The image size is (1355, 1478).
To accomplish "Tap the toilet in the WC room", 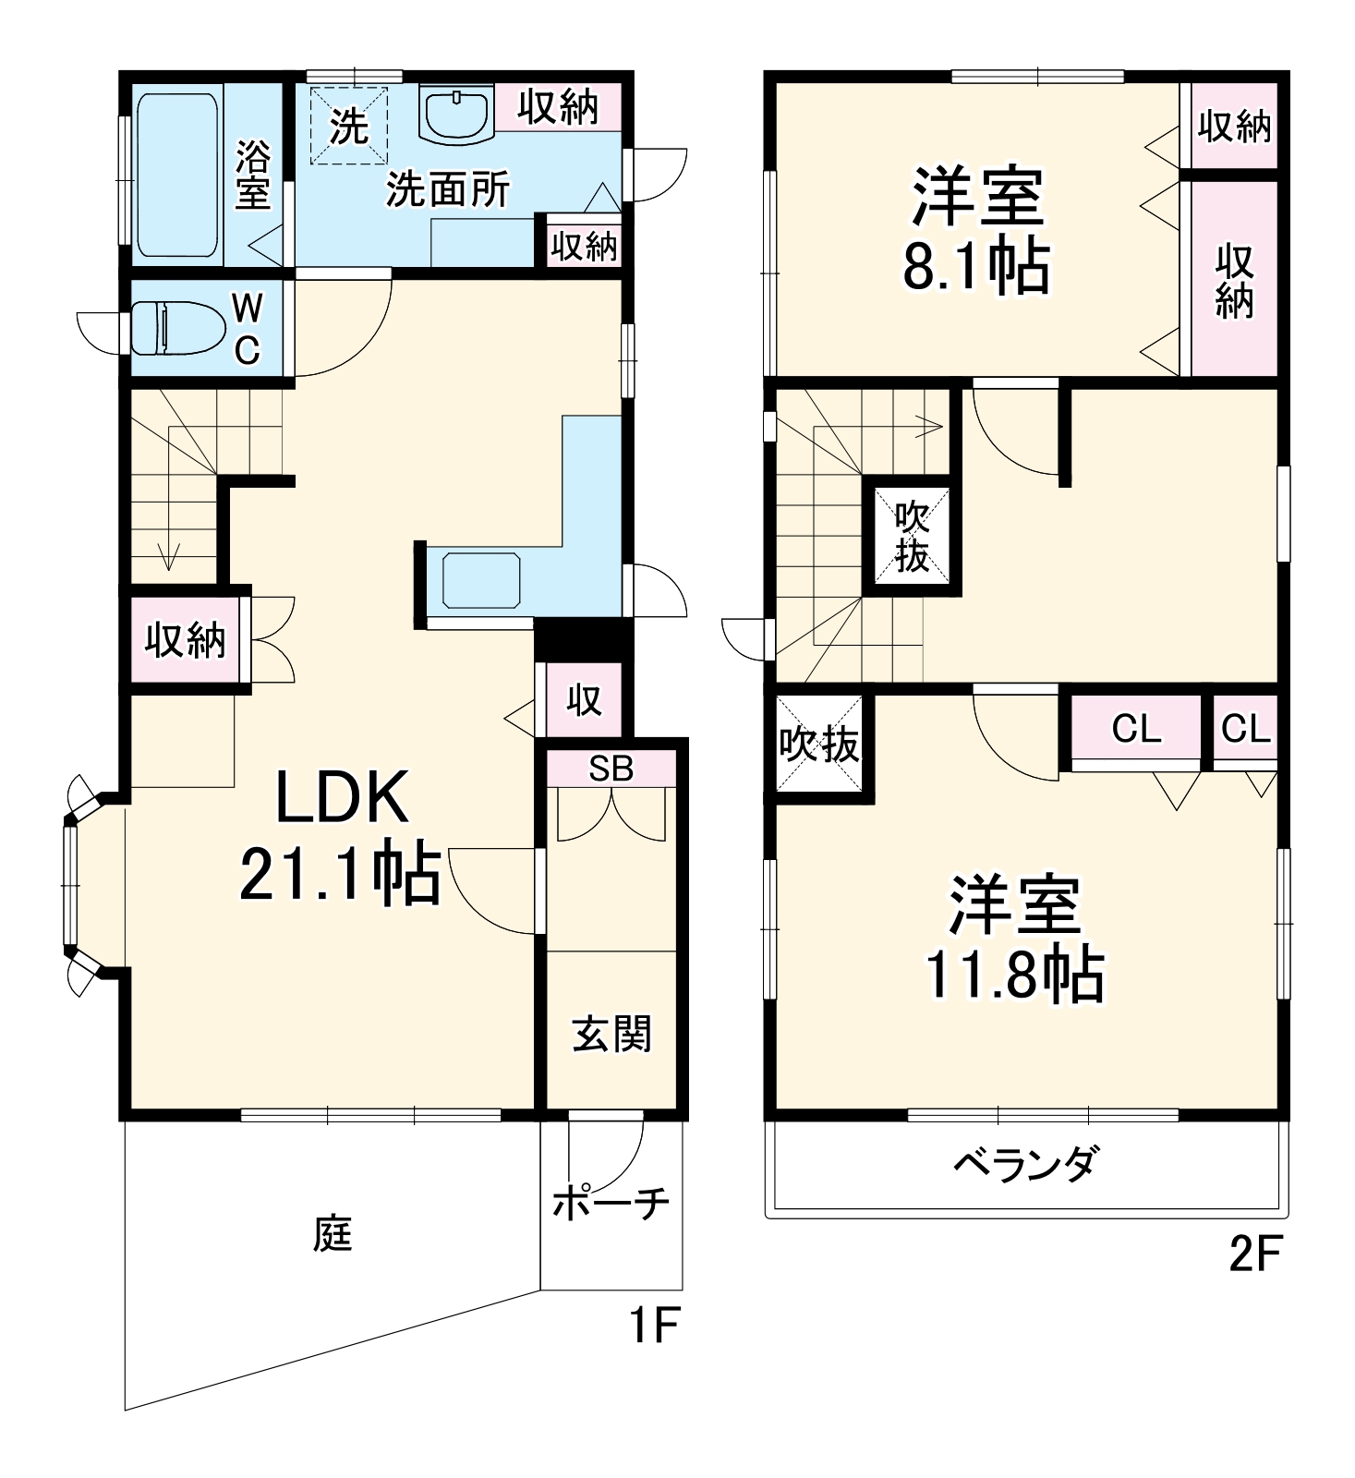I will pos(177,327).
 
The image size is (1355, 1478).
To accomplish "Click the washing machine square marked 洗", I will pos(349,126).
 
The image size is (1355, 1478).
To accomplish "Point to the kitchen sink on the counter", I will pos(480,580).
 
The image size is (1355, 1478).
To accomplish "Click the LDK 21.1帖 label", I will pos(340,834).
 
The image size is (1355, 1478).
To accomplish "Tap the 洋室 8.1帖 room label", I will pos(976,228).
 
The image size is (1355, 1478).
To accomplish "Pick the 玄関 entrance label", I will pos(611,1034).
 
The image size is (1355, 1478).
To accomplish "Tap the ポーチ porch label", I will pos(611,1202).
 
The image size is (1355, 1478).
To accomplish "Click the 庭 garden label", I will pos(333,1234).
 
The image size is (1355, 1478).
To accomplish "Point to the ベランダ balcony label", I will pos(1025,1163).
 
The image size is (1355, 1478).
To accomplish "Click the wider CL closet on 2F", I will pos(1135,729).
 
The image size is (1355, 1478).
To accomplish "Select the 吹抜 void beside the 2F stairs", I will pos(912,538).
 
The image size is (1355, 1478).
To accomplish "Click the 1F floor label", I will pos(654,1326).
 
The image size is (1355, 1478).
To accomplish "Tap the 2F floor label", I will pos(1255,1254).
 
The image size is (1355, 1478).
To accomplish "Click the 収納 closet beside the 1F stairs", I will pos(185,639).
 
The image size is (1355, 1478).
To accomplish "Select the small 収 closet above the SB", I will pos(584,700).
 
